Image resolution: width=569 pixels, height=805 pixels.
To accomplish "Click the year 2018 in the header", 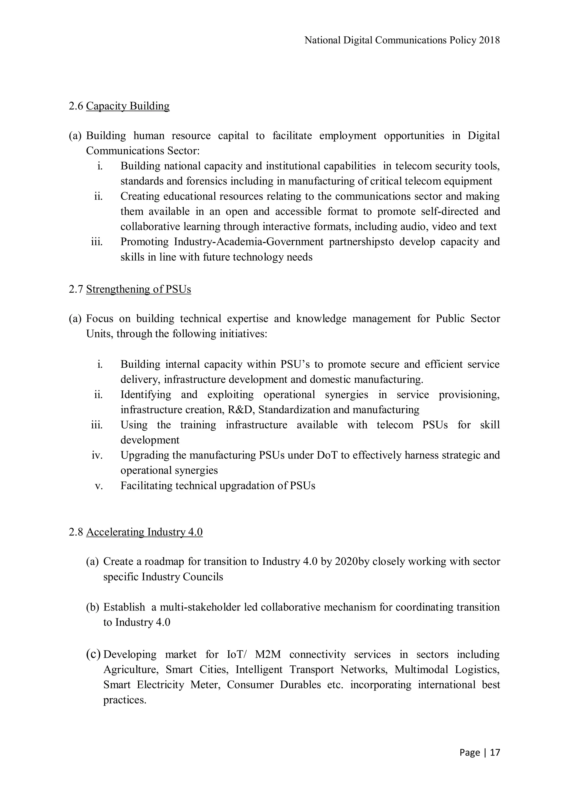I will point(490,40).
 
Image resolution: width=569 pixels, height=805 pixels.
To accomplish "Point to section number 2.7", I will point(76,289).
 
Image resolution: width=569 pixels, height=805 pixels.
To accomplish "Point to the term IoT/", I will point(237,655).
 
